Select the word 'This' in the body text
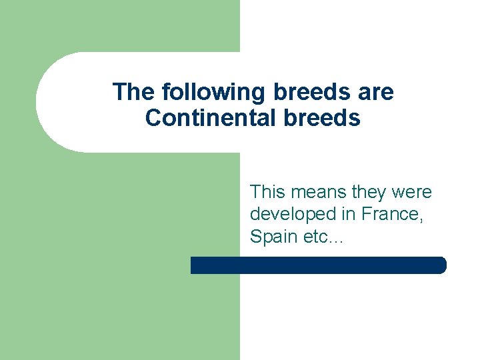pyautogui.click(x=266, y=192)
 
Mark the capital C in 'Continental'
pyautogui.click(x=153, y=118)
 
